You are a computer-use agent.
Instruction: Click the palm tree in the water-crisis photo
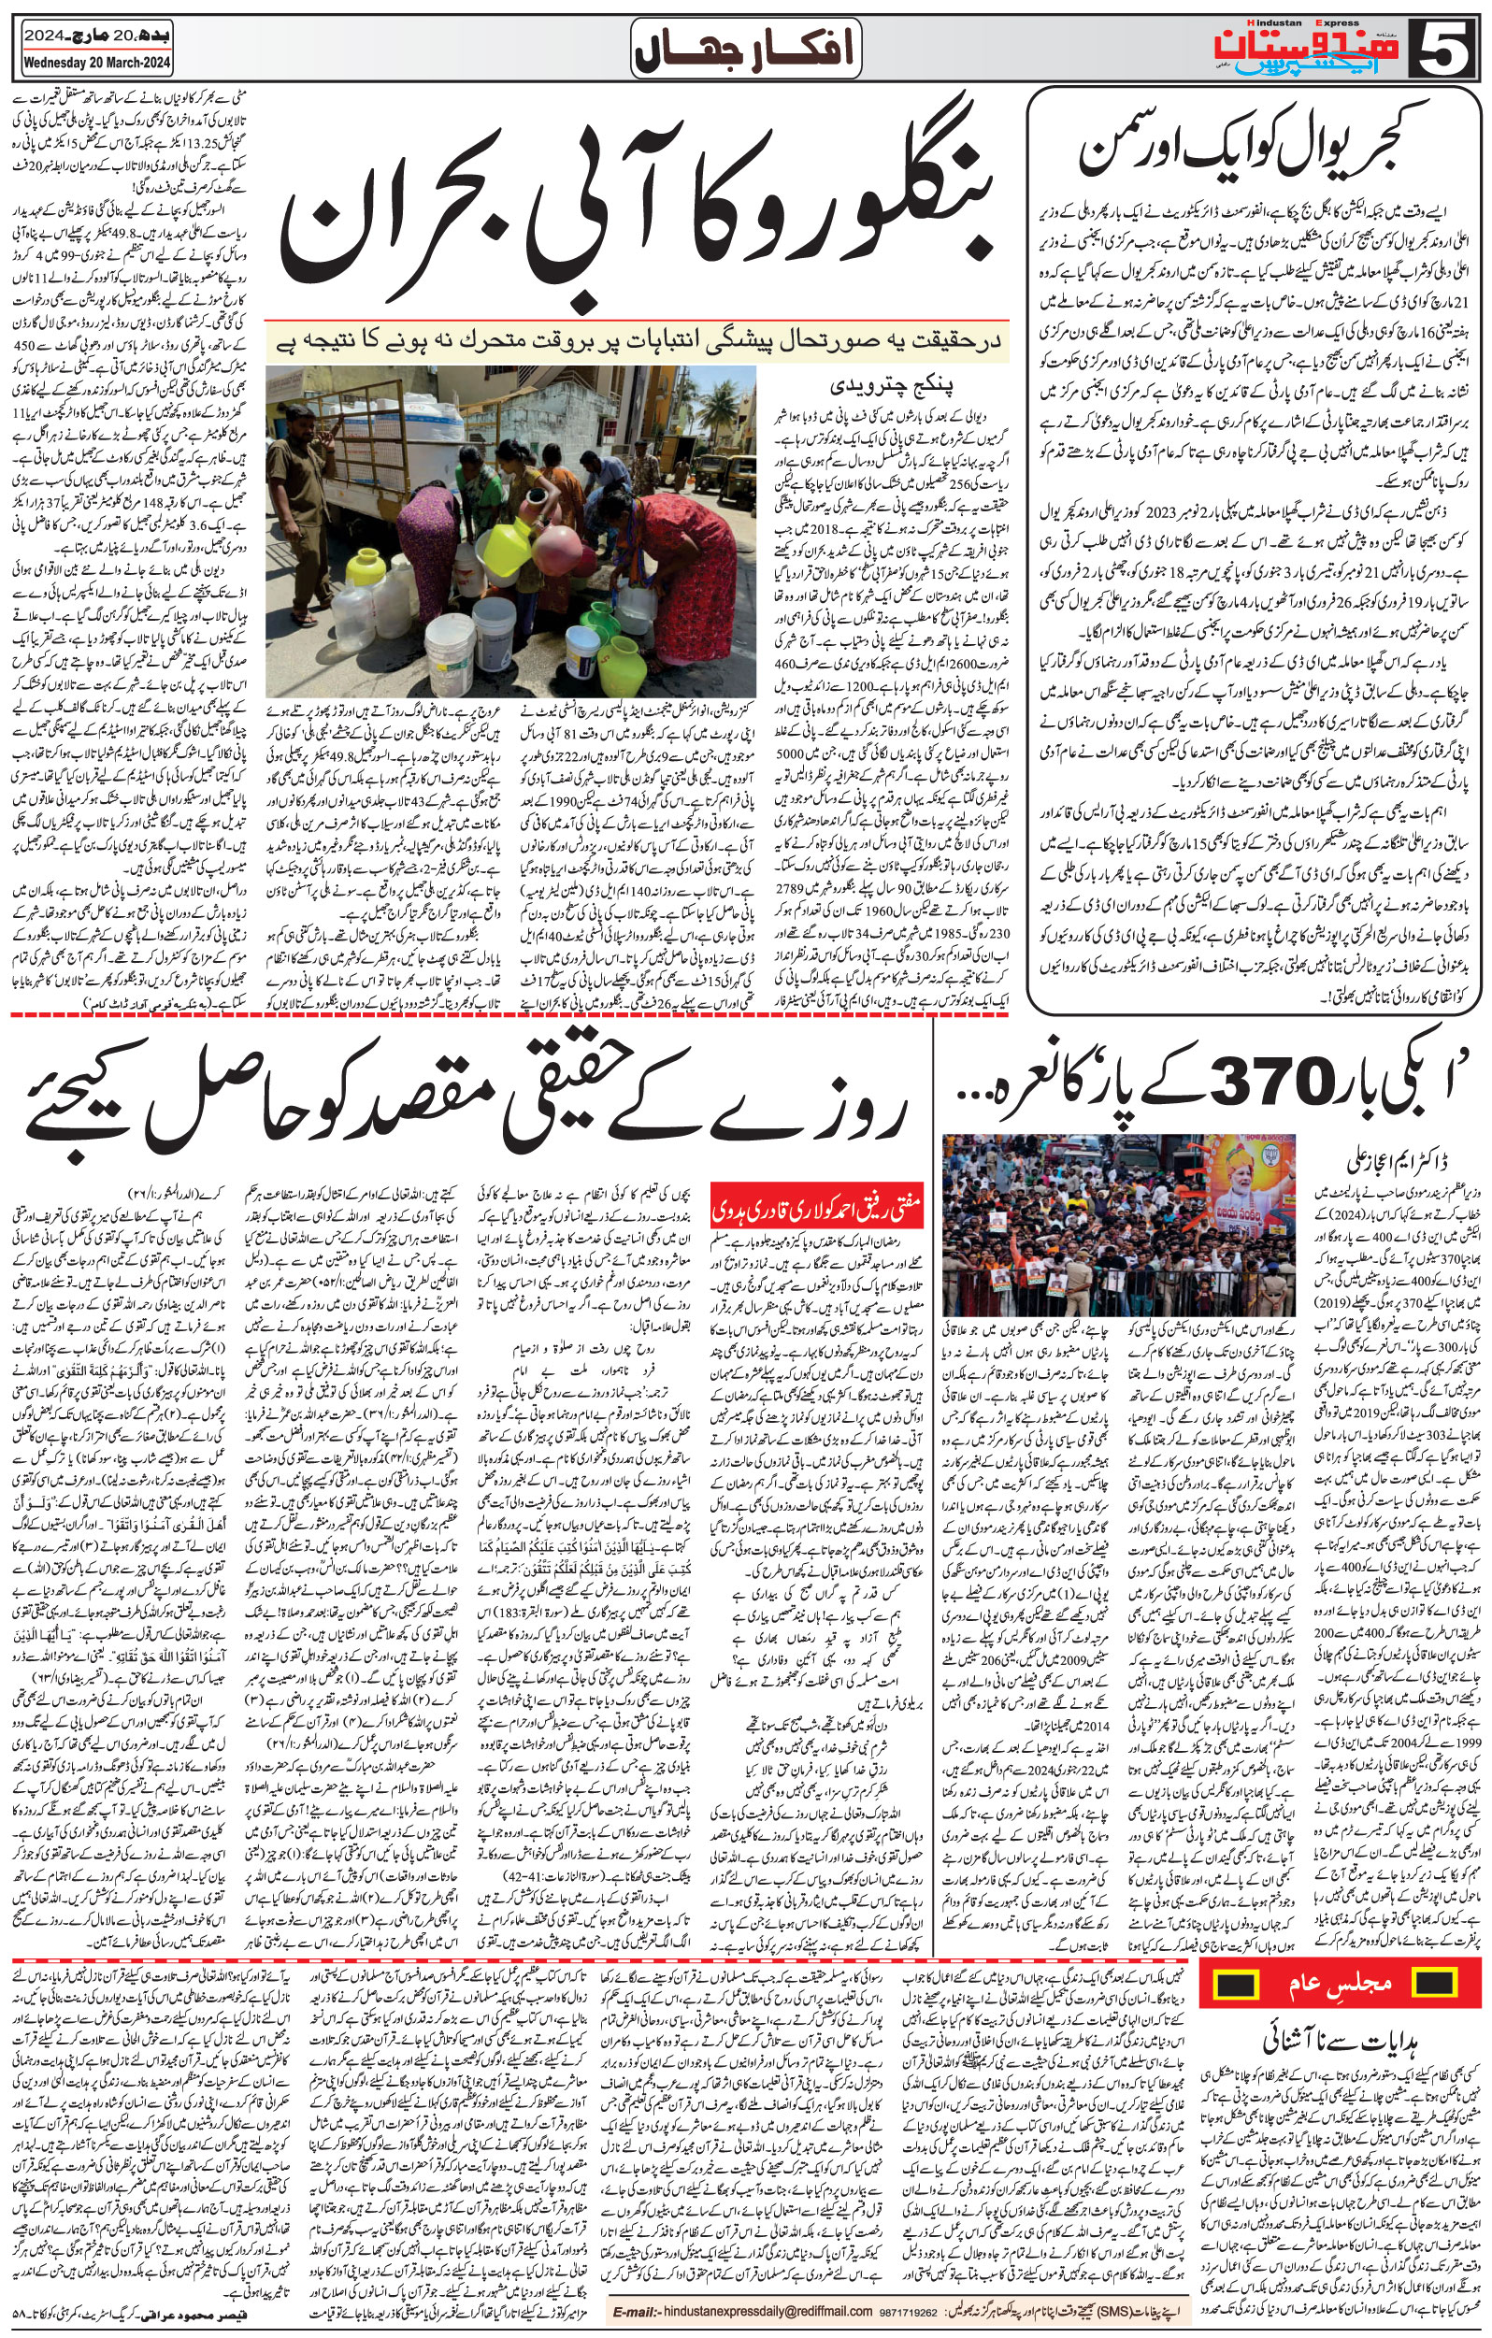click(714, 398)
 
